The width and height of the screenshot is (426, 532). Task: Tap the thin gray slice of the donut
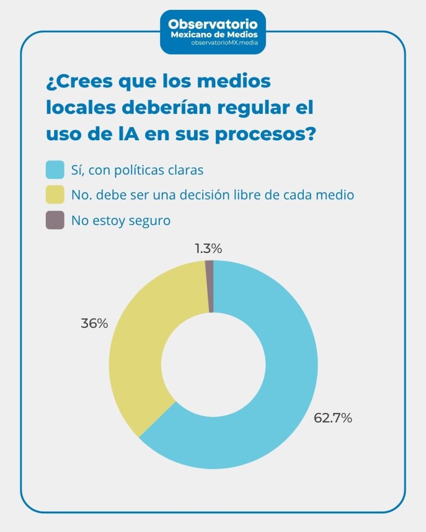point(210,287)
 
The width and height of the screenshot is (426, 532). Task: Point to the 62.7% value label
point(333,418)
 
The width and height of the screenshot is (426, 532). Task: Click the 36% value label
point(94,323)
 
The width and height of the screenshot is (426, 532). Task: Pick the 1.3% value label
point(209,249)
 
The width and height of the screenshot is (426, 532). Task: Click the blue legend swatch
point(55,169)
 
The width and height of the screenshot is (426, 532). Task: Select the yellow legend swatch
point(55,195)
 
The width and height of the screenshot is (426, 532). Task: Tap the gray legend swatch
point(55,220)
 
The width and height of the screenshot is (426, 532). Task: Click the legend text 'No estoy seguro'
point(121,220)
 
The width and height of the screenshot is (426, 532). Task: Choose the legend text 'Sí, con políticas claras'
point(137,169)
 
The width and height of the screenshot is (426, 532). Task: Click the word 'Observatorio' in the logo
point(213,24)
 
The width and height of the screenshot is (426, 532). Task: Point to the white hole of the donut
point(213,365)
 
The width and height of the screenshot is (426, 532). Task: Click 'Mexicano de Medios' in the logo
point(213,34)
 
